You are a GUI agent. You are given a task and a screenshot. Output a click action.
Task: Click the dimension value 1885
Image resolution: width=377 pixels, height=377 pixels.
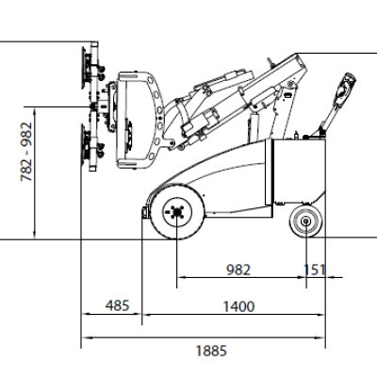pyautogui.click(x=211, y=351)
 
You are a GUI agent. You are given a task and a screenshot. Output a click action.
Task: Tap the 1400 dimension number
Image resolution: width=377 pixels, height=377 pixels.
pyautogui.click(x=238, y=306)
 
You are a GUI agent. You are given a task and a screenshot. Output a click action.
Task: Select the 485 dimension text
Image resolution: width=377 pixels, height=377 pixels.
pyautogui.click(x=117, y=305)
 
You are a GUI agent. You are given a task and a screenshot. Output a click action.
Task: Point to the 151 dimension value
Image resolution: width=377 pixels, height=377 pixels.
pyautogui.click(x=315, y=270)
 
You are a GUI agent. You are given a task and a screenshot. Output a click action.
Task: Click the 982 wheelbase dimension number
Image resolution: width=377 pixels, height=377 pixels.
pyautogui.click(x=238, y=270)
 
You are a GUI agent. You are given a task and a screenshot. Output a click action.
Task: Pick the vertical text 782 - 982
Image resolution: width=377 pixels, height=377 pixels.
pyautogui.click(x=26, y=152)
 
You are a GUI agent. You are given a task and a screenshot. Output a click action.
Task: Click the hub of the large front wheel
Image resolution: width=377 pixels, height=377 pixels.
pyautogui.click(x=177, y=213)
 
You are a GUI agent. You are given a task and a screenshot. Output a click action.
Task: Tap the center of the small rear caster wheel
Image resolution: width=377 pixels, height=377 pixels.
pyautogui.click(x=305, y=221)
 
